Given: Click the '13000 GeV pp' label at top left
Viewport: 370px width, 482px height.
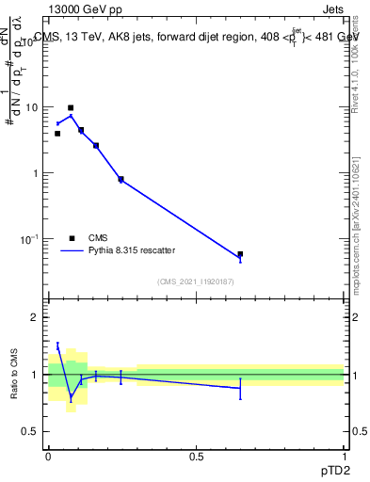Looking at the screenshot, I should click(x=83, y=9).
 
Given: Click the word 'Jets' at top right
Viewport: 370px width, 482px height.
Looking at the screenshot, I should click(x=333, y=9).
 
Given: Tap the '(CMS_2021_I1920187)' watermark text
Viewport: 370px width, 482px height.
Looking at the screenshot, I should click(x=195, y=281).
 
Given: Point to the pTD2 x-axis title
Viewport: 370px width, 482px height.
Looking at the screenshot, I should click(x=332, y=468).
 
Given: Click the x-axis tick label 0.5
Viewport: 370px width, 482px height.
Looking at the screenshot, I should click(x=196, y=455).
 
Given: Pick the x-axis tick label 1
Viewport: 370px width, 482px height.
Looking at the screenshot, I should click(x=344, y=455).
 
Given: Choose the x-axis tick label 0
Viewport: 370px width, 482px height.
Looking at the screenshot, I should click(x=48, y=455).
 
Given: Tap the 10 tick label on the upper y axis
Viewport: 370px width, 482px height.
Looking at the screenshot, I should click(x=31, y=107).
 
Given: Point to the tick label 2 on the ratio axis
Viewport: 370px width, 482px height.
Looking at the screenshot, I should click(x=36, y=317).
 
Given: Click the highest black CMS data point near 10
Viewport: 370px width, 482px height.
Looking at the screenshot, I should click(x=71, y=108).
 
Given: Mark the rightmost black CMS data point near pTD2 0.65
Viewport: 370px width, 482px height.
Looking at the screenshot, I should click(x=240, y=254).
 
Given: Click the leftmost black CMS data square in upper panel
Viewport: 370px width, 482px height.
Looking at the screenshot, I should click(x=57, y=134).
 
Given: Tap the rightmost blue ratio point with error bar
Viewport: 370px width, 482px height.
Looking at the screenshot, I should click(x=240, y=388).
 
